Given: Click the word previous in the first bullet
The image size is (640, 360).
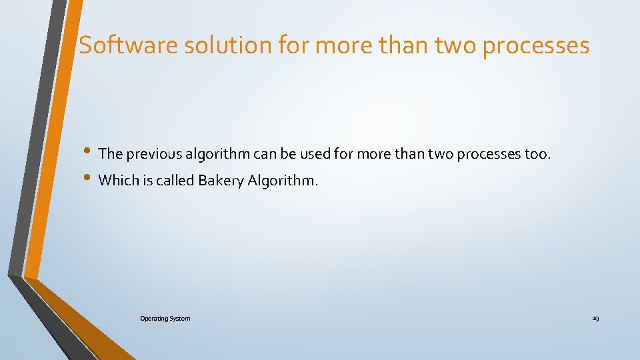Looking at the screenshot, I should point(154,154).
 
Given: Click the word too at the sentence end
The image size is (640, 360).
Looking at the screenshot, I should point(537,154).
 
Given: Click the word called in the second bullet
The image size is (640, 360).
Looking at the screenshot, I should point(175,180).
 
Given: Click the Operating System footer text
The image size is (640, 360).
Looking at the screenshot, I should point(165,319).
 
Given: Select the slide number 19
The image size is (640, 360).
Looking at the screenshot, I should point(595,319).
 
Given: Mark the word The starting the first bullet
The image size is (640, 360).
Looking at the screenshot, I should point(110,154).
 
